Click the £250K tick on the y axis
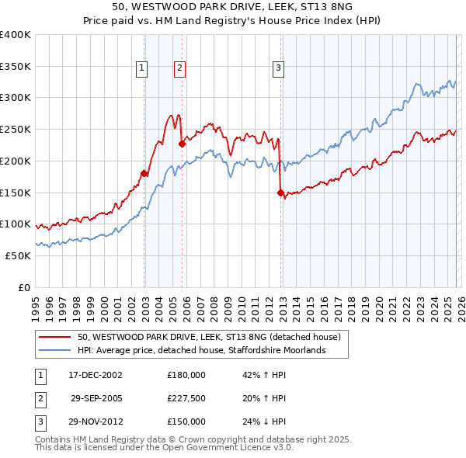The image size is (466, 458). click(16, 130)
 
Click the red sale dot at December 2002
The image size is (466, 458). click(144, 174)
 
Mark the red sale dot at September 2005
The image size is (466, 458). click(182, 144)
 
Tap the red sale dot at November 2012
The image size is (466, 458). click(280, 193)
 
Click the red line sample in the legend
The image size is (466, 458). click(55, 338)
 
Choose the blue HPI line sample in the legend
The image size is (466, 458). click(55, 351)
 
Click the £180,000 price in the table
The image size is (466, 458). click(186, 375)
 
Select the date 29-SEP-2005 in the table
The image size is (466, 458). click(96, 398)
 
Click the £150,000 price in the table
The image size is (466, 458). click(186, 422)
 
